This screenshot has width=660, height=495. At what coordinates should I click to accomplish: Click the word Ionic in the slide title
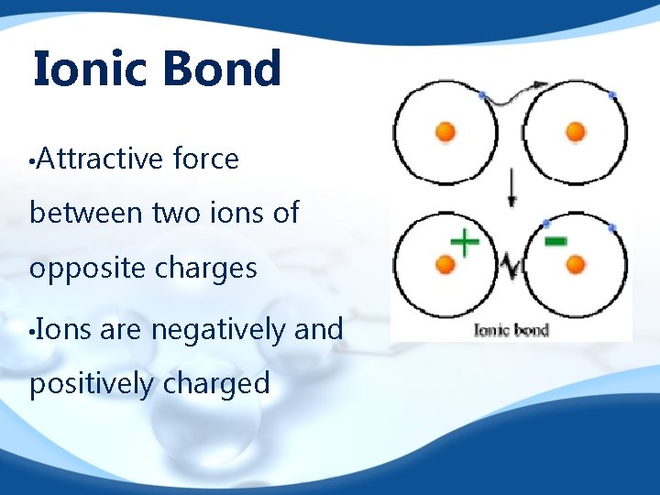tap(82, 70)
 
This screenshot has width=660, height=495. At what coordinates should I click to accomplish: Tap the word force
tap(204, 159)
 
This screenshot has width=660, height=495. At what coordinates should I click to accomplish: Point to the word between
tap(87, 213)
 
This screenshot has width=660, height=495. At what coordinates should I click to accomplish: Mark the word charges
tap(205, 269)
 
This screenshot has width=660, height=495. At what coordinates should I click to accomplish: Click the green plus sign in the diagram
tap(465, 243)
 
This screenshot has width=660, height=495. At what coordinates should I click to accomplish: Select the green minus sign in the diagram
tap(555, 241)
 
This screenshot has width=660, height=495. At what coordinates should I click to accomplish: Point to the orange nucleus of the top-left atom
tap(445, 132)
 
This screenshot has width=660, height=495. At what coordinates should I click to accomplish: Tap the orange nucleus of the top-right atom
tap(576, 132)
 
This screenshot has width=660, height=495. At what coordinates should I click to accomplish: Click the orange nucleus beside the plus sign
tap(445, 265)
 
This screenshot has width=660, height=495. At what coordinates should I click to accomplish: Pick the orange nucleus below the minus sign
tap(576, 265)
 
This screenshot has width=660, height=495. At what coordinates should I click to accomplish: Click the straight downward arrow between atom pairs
tap(511, 188)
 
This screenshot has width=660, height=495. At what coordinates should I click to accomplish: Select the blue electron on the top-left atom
tap(482, 94)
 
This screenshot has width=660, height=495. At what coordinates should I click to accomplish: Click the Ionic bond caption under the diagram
tap(511, 329)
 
